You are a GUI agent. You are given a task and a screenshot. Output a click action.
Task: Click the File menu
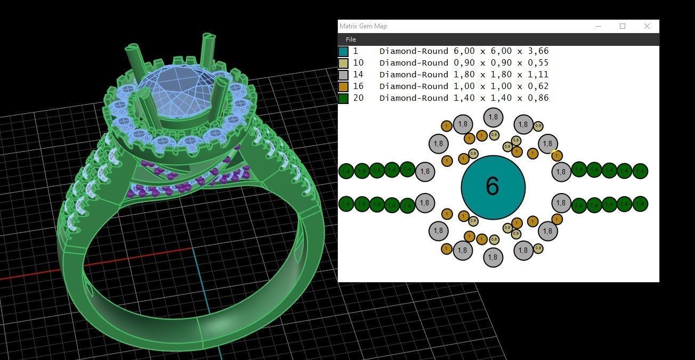click(351, 39)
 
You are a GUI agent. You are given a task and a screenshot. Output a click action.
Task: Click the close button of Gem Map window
click(646, 26)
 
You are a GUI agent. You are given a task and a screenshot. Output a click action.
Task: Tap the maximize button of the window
click(622, 26)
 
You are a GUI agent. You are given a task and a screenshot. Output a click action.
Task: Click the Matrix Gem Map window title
click(363, 26)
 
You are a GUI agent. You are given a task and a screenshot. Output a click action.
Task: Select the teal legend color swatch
click(343, 51)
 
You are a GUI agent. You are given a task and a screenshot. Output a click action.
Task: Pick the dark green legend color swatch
click(343, 98)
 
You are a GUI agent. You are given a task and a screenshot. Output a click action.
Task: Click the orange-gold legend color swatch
click(343, 86)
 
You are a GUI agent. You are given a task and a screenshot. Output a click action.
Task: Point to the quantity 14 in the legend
click(358, 75)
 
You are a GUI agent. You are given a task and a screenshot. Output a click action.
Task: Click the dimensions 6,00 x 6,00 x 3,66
click(501, 51)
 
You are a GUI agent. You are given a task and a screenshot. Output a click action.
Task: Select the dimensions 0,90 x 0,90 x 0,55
click(501, 63)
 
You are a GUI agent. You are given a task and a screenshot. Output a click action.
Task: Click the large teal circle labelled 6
click(493, 187)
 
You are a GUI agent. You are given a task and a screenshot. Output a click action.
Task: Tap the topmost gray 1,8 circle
click(493, 117)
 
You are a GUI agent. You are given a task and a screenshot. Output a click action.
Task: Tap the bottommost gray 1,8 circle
click(493, 257)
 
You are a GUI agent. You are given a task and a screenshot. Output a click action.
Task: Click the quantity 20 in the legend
click(358, 98)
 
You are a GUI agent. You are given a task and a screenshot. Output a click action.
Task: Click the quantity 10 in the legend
click(358, 63)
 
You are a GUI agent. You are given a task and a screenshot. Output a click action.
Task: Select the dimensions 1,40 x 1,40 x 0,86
click(501, 98)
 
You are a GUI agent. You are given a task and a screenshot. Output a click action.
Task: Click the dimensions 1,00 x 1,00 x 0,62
click(501, 86)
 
